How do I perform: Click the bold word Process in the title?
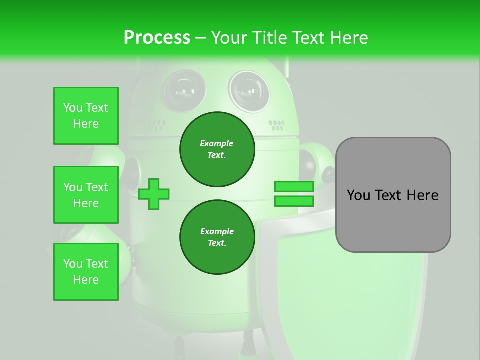pos(157,38)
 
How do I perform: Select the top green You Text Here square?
pos(86,116)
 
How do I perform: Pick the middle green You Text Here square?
pos(86,195)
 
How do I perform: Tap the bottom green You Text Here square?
pos(86,272)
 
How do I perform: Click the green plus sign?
pos(154,194)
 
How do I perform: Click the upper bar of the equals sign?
pos(294,187)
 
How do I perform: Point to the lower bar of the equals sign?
pos(294,201)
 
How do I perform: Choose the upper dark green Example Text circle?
pos(217,149)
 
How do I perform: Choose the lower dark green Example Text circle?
pos(217,237)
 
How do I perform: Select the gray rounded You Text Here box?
pos(393,195)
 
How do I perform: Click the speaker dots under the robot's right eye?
pos(276,125)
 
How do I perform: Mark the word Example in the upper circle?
pos(217,143)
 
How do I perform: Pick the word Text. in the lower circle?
pos(217,243)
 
